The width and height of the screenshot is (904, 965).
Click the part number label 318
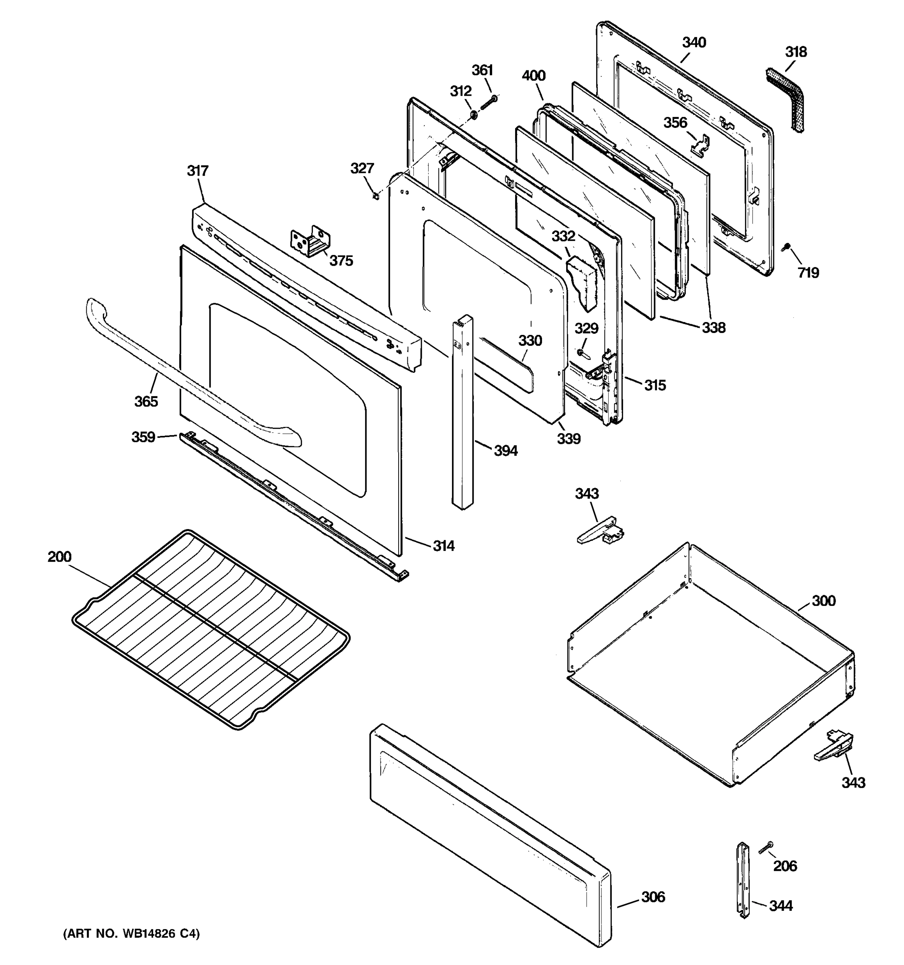pos(796,52)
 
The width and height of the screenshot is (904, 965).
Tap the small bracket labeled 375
pos(311,241)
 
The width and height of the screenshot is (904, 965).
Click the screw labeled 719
pos(785,248)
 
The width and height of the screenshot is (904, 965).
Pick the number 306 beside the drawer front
pos(653,897)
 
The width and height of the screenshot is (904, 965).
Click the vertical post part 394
pos(462,413)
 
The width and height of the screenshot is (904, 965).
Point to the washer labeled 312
pos(473,115)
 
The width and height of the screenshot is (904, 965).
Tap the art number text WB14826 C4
pos(131,934)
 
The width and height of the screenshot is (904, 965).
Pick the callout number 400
pos(534,76)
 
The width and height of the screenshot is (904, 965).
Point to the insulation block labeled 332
pos(582,284)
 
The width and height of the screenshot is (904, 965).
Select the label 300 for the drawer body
pos(824,601)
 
